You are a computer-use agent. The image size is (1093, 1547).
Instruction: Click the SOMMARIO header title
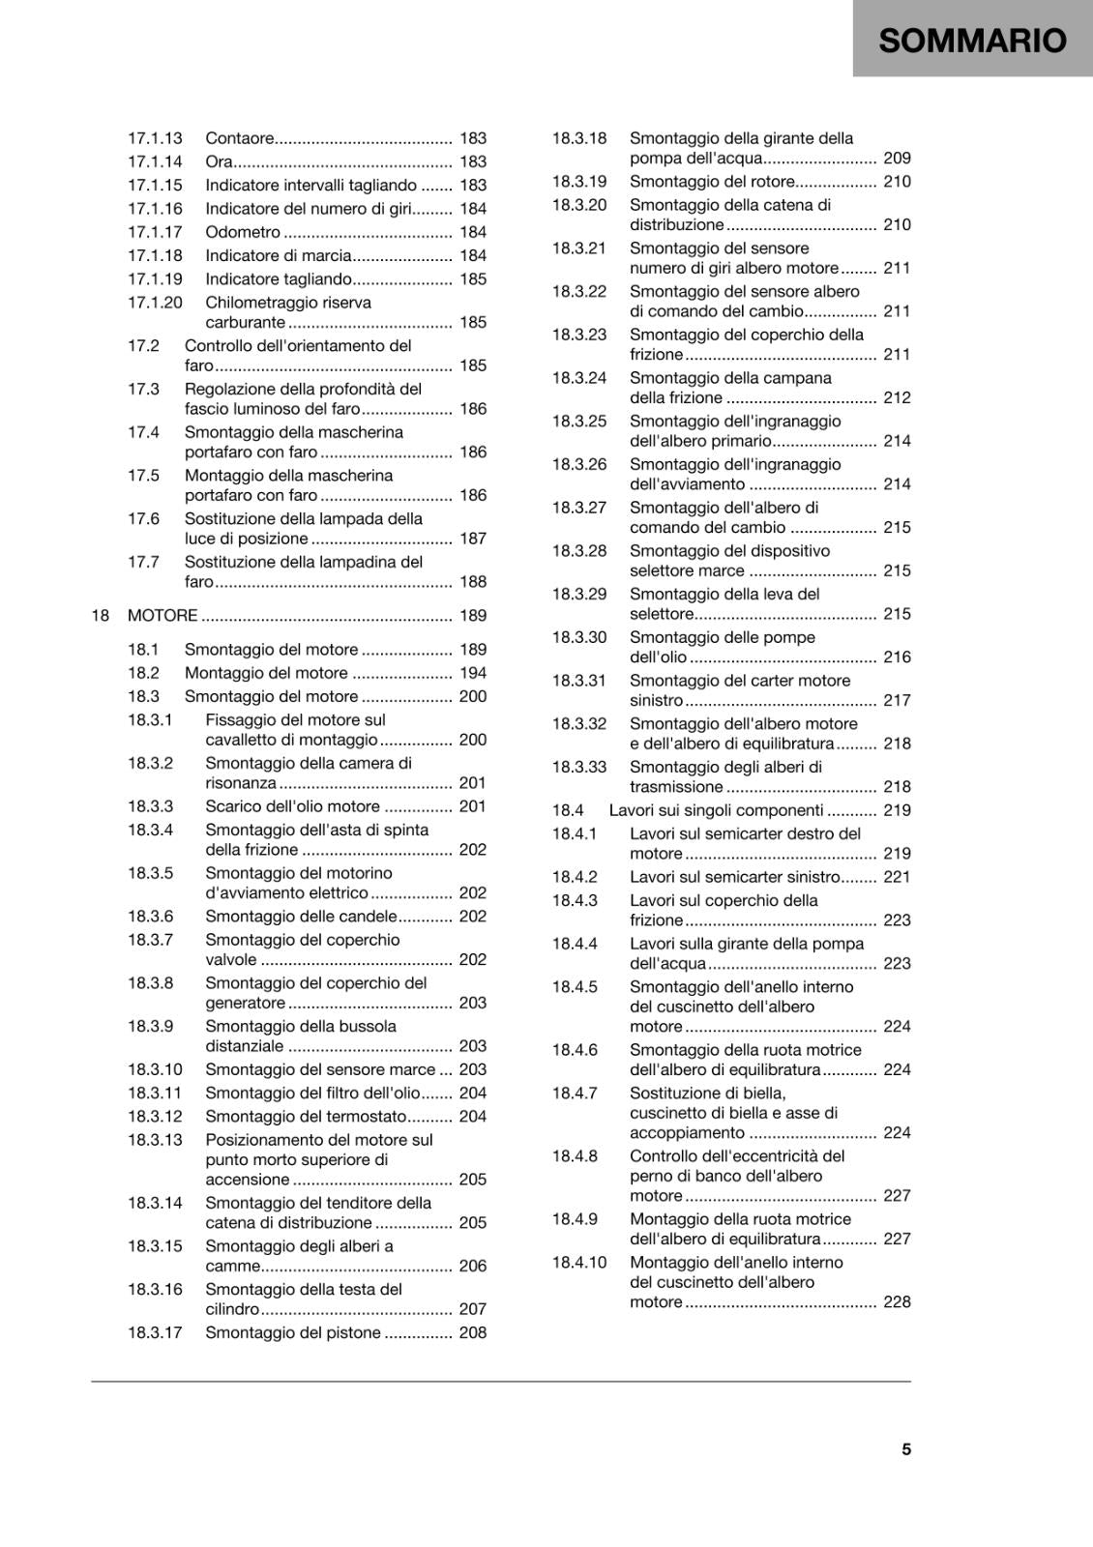972,40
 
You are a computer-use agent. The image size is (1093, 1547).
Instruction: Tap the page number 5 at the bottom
906,1449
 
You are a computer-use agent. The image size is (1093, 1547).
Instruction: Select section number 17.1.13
155,138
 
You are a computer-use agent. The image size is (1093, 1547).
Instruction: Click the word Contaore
240,138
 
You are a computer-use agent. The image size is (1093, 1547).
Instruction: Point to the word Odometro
243,232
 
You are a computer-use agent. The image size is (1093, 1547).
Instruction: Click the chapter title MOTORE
162,616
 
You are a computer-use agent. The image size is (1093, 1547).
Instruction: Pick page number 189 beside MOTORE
473,616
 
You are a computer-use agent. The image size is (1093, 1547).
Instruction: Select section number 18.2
143,673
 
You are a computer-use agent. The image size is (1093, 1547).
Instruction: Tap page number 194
473,673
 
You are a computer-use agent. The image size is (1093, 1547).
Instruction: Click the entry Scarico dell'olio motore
292,806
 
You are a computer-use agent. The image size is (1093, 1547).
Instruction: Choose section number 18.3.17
155,1332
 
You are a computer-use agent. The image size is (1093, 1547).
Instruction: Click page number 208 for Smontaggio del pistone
473,1332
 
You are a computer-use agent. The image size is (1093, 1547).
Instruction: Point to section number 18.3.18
579,138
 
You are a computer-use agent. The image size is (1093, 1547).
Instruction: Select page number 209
897,158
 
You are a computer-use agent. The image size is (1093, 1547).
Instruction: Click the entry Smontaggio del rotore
712,182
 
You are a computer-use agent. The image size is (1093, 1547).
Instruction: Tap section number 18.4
568,810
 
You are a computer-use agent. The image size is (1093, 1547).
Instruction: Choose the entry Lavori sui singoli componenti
716,810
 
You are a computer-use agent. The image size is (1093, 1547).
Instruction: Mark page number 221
897,877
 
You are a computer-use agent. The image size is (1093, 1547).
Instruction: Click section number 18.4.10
579,1263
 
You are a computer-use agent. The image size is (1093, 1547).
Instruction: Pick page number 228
897,1302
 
